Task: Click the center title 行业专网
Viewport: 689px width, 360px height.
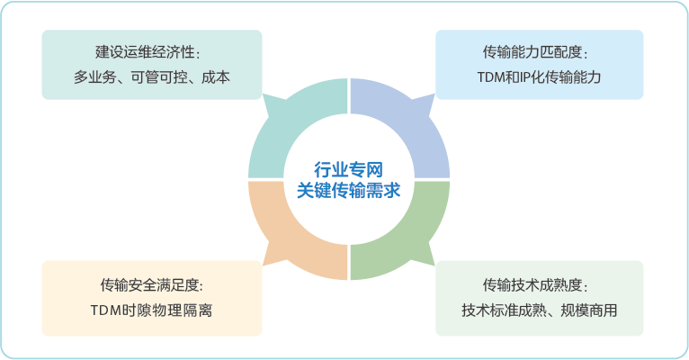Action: click(x=348, y=169)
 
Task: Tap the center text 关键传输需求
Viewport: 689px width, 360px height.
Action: click(x=348, y=190)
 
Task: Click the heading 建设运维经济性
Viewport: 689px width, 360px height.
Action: click(x=145, y=52)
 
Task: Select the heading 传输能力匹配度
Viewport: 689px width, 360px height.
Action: click(x=532, y=52)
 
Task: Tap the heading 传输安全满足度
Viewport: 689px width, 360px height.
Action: click(x=149, y=284)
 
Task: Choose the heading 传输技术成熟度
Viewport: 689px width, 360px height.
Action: click(x=532, y=284)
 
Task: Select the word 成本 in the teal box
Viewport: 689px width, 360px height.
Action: click(x=216, y=77)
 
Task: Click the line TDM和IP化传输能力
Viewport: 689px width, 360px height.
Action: click(x=539, y=77)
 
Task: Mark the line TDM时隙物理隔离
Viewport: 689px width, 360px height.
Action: click(x=152, y=310)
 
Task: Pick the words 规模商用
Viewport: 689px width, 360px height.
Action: click(x=589, y=310)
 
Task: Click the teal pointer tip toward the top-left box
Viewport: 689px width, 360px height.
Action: click(x=263, y=94)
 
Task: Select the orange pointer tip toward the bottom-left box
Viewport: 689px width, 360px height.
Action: click(x=263, y=265)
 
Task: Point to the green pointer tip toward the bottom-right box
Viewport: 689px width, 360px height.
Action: click(x=434, y=265)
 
